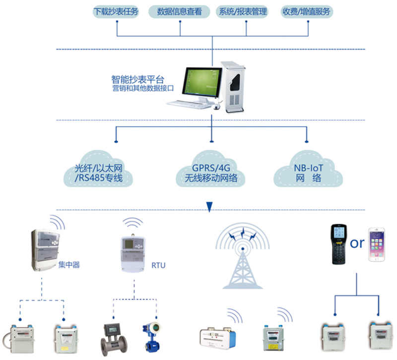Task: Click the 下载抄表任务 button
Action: tap(116, 11)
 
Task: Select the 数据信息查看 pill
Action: tap(179, 11)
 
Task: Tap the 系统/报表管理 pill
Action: tap(243, 11)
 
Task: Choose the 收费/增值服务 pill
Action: tap(306, 11)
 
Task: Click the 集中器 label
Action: tap(69, 265)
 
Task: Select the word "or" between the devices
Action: tap(358, 243)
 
